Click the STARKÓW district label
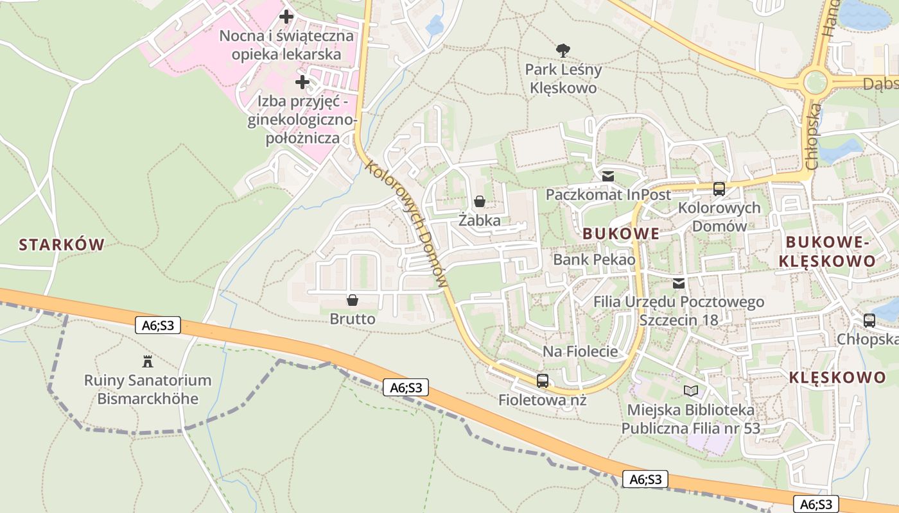62,244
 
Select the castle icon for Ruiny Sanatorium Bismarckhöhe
148,362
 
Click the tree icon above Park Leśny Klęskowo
563,49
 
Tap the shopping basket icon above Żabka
479,202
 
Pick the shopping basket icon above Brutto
352,300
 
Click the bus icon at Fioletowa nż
543,381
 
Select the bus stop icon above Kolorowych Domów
719,189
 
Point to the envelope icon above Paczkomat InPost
607,176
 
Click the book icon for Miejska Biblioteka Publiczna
691,391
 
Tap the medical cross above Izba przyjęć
302,82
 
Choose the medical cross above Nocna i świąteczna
286,17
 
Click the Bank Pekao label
594,260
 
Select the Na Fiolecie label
580,351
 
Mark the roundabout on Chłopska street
815,82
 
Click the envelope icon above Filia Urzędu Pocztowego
679,283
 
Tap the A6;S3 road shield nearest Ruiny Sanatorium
158,326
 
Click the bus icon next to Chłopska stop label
869,321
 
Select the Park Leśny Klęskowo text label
563,78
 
